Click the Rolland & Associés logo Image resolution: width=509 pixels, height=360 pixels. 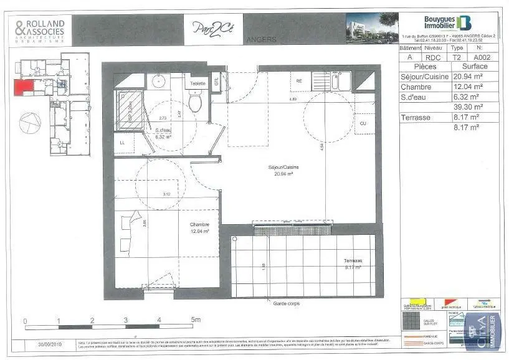40,30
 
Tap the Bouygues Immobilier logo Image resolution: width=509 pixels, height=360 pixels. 449,23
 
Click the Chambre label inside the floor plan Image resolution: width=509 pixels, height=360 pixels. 199,225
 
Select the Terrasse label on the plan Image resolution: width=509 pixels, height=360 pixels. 353,261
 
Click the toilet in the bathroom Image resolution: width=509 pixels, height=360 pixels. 196,102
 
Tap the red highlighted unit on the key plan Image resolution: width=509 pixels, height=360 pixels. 24,87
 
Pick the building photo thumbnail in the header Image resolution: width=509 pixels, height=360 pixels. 373,27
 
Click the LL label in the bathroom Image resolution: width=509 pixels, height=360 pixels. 123,143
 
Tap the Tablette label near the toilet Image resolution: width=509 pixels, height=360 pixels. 197,83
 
